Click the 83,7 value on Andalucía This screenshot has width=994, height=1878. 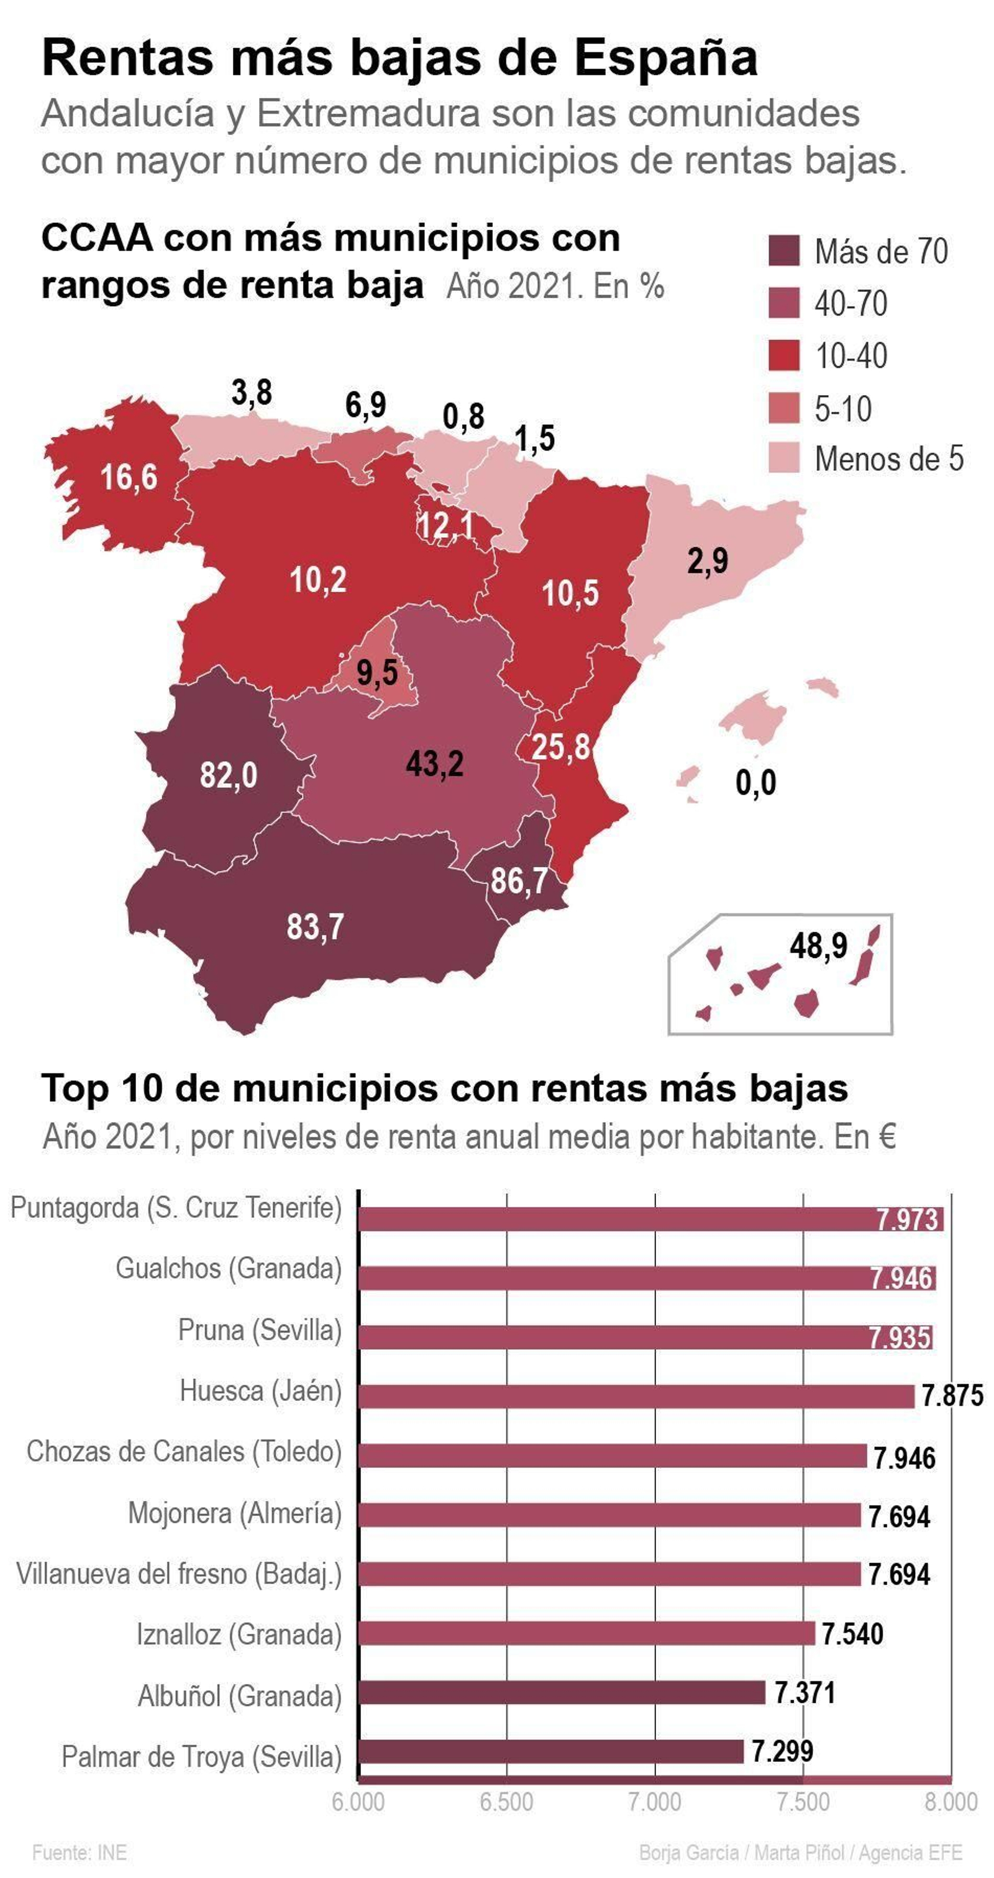[315, 928]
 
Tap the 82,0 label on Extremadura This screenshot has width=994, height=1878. [228, 775]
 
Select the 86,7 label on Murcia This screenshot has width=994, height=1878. [519, 881]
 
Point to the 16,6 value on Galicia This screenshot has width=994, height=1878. [129, 478]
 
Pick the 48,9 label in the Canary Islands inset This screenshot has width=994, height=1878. [818, 946]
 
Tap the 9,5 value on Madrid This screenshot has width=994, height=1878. [377, 672]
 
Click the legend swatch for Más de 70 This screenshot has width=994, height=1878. [783, 251]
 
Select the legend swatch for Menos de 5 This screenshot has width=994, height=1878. [783, 458]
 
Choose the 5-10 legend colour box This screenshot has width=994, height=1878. [783, 408]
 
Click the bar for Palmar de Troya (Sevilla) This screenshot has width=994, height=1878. [550, 1751]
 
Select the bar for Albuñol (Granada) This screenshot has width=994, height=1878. [562, 1693]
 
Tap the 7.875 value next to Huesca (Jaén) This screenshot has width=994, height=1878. [952, 1395]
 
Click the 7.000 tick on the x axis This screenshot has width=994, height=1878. [654, 1802]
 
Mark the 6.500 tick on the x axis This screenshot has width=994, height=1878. [506, 1802]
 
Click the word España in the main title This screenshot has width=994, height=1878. [666, 58]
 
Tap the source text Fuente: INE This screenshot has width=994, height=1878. [80, 1853]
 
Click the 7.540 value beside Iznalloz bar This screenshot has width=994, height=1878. [852, 1634]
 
